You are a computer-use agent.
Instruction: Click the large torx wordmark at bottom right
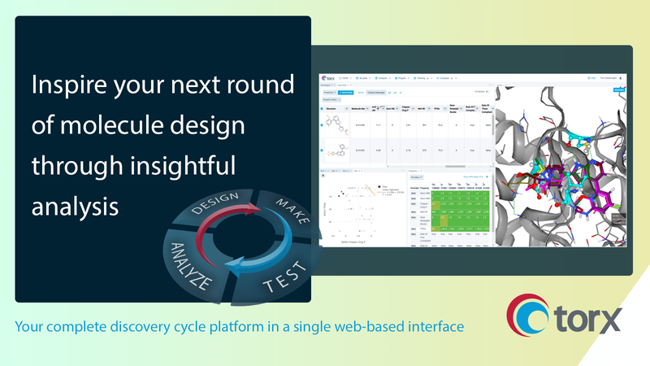click(x=587, y=318)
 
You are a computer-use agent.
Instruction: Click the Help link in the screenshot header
click(x=594, y=78)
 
